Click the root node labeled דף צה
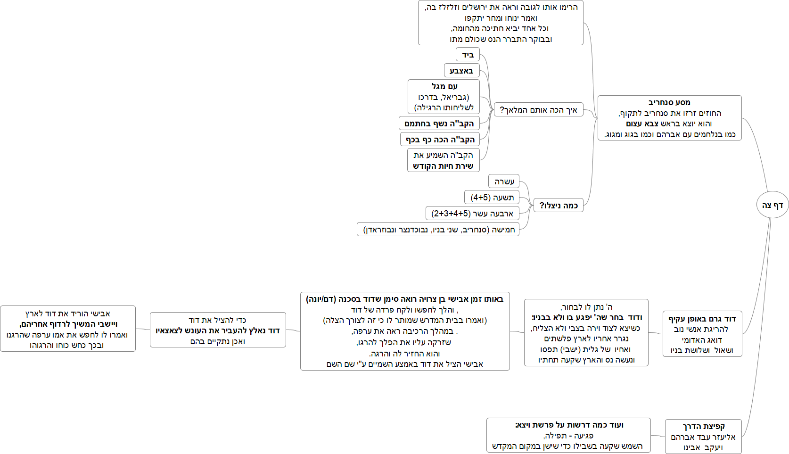pos(772,205)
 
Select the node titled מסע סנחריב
pos(669,118)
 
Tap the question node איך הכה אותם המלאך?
pos(538,110)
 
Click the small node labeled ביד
pos(468,55)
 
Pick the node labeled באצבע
pos(461,71)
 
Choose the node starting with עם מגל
pos(444,97)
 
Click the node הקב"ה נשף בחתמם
pos(439,124)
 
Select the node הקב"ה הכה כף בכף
pos(440,140)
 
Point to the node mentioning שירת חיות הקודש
pos(443,160)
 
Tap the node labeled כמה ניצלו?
pos(558,205)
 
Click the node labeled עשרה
pos(504,182)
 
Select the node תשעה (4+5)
pos(492,198)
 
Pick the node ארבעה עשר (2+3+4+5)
pos(472,214)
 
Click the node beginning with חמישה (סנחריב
pos(438,230)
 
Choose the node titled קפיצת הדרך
pos(703,437)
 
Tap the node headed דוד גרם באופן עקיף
pos(702,334)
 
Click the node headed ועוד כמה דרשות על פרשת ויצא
pos(568,435)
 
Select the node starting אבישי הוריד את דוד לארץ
pos(68,329)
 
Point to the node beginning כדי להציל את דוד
pos(218,330)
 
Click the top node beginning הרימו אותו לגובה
pos(501,23)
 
